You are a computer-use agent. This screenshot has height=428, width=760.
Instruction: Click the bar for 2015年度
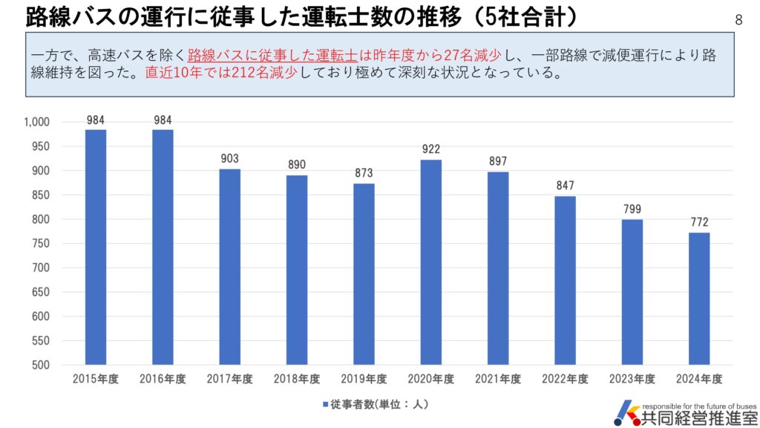(95, 247)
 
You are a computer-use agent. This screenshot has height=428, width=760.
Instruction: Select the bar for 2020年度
(431, 262)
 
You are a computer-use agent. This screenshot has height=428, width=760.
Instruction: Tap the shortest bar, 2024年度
(699, 298)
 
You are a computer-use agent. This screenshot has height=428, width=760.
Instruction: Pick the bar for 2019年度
(364, 273)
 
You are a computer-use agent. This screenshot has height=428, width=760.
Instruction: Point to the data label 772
(699, 223)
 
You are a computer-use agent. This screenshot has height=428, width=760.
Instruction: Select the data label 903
(229, 159)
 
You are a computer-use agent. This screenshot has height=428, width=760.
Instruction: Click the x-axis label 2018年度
(297, 379)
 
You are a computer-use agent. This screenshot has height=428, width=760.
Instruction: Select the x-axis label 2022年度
(565, 379)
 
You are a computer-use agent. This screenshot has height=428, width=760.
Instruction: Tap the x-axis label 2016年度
(163, 379)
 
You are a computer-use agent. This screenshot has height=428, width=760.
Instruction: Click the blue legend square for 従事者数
(325, 404)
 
